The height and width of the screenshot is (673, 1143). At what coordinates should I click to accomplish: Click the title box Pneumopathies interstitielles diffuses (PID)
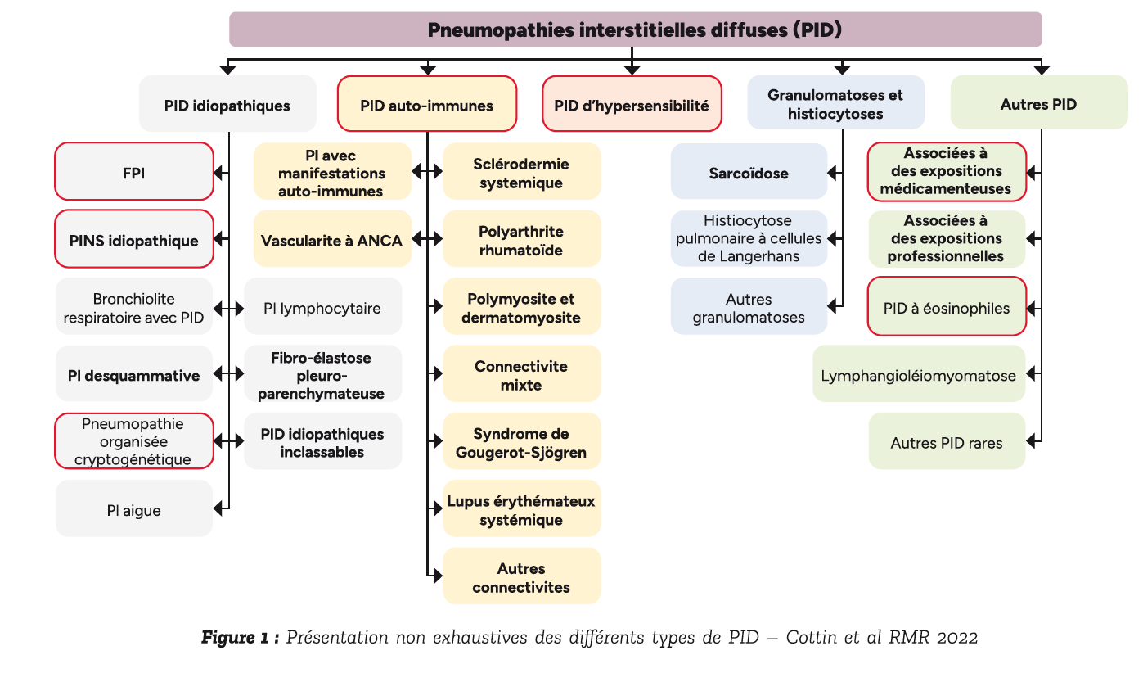pyautogui.click(x=635, y=29)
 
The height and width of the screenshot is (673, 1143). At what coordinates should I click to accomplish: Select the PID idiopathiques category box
pyautogui.click(x=227, y=104)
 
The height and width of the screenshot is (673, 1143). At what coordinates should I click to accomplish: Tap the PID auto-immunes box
pyautogui.click(x=426, y=104)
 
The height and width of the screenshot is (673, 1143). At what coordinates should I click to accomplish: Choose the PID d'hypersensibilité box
pyautogui.click(x=632, y=104)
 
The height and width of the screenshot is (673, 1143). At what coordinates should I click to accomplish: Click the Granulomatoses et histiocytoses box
pyautogui.click(x=835, y=104)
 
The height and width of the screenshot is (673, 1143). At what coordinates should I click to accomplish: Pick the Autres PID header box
pyautogui.click(x=1038, y=104)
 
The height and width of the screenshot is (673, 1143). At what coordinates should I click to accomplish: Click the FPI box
pyautogui.click(x=134, y=172)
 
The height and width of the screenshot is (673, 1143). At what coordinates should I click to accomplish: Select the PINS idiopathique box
pyautogui.click(x=134, y=240)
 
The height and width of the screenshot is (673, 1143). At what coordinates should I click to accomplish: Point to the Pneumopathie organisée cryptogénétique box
pyautogui.click(x=134, y=441)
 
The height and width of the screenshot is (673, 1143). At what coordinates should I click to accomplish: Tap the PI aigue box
pyautogui.click(x=134, y=509)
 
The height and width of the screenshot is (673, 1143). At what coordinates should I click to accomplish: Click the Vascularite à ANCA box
pyautogui.click(x=332, y=239)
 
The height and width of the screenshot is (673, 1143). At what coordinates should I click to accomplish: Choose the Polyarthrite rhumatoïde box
pyautogui.click(x=522, y=240)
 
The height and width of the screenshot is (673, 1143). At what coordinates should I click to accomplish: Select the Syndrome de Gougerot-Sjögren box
pyautogui.click(x=522, y=442)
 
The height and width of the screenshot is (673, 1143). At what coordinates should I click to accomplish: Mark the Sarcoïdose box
pyautogui.click(x=749, y=172)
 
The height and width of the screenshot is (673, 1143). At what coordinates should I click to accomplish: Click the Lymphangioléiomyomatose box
pyautogui.click(x=918, y=374)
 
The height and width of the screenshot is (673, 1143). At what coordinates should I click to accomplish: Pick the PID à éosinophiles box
pyautogui.click(x=947, y=307)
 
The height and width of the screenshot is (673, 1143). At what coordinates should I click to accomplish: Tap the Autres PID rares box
pyautogui.click(x=947, y=442)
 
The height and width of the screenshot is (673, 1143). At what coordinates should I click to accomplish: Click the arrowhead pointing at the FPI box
pyautogui.click(x=219, y=172)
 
